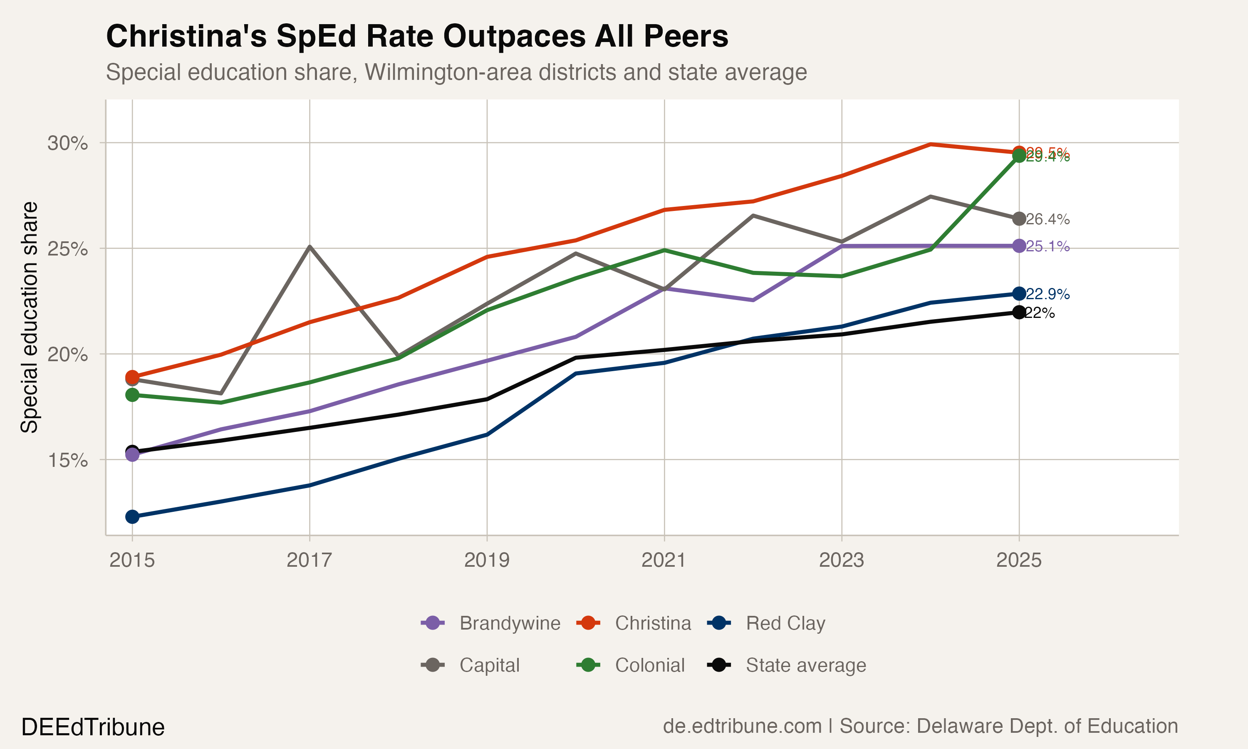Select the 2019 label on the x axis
[x=487, y=560]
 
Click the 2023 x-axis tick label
[x=842, y=560]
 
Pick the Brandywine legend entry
[x=510, y=623]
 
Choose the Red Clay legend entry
[x=785, y=623]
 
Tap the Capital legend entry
[x=489, y=665]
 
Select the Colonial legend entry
[x=649, y=665]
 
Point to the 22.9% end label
[x=1048, y=294]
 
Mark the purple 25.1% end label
[x=1048, y=247]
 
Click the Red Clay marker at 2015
[x=132, y=517]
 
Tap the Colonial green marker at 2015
[x=132, y=395]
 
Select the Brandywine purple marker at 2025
[x=1019, y=246]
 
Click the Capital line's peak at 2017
[x=310, y=247]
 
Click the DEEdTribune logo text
[x=93, y=727]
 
